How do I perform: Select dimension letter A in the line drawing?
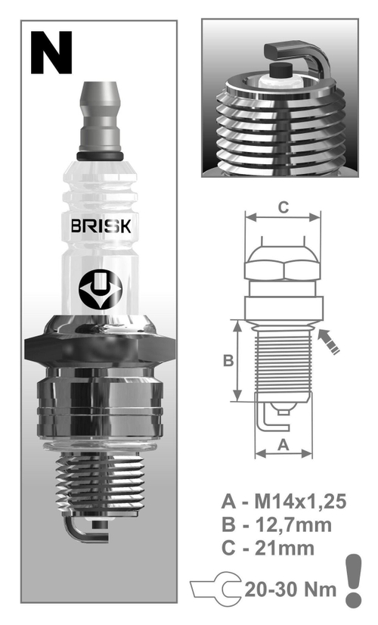tap(283, 446)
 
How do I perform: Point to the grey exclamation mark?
tap(353, 580)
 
